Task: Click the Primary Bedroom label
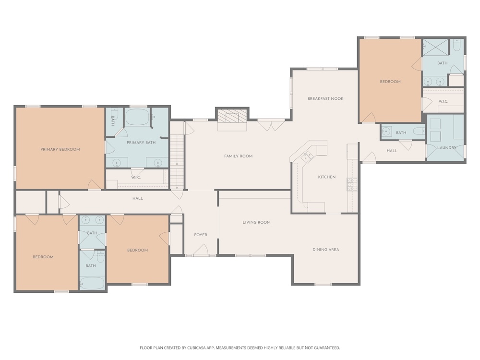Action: click(60, 149)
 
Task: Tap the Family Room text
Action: click(238, 156)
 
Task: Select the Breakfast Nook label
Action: click(325, 98)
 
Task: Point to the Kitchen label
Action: click(326, 177)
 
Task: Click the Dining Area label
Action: click(326, 250)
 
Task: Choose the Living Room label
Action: click(256, 222)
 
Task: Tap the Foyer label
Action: click(201, 235)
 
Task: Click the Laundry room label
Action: click(446, 147)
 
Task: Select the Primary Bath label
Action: click(141, 143)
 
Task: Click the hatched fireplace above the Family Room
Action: click(232, 116)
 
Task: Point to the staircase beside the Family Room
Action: click(177, 162)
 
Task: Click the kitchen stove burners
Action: click(352, 184)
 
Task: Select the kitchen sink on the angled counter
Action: click(306, 157)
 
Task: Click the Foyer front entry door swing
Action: click(201, 250)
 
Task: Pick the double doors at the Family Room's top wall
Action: click(271, 125)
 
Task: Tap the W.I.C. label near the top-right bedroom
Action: click(443, 101)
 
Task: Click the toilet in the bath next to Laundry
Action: click(419, 132)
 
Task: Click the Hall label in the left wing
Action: click(137, 198)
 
